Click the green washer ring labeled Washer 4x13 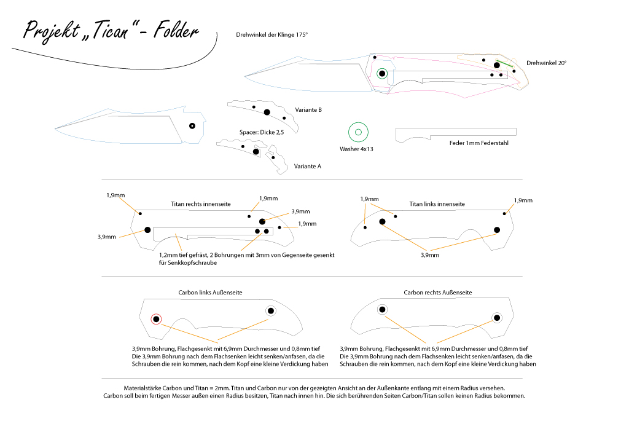point(358,132)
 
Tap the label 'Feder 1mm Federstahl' point(479,143)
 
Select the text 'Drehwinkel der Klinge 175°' point(272,34)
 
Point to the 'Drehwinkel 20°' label point(546,63)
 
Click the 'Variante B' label point(308,110)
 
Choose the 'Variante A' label point(307,166)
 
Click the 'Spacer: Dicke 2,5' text point(262,132)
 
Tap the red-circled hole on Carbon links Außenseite point(156,319)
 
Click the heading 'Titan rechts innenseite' point(201,204)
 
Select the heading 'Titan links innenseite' point(437,204)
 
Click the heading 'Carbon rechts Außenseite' point(437,293)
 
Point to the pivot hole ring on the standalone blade point(192,126)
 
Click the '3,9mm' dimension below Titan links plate point(429,255)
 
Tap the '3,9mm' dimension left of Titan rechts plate point(106,237)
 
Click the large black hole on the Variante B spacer point(267,112)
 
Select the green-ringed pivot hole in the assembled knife point(382,73)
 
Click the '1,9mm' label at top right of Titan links point(523,200)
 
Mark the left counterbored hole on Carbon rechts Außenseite point(382,309)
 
